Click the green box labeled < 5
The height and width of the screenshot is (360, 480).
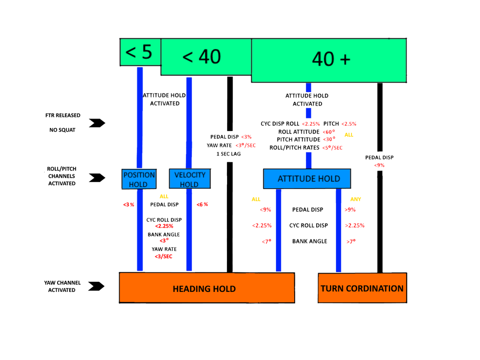point(140,52)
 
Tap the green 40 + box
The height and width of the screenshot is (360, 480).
point(329,60)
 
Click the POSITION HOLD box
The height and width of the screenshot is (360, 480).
point(139,180)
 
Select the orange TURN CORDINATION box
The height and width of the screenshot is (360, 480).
point(362,288)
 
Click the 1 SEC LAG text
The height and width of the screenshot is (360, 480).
point(228,154)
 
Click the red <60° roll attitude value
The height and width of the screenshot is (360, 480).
point(329,132)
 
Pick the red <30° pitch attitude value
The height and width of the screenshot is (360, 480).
point(329,140)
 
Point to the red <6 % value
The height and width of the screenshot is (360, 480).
point(202,204)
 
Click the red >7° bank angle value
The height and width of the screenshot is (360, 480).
point(350,241)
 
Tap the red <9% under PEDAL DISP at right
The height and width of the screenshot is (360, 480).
point(379,165)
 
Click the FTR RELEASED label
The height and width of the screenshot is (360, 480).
point(63,116)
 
